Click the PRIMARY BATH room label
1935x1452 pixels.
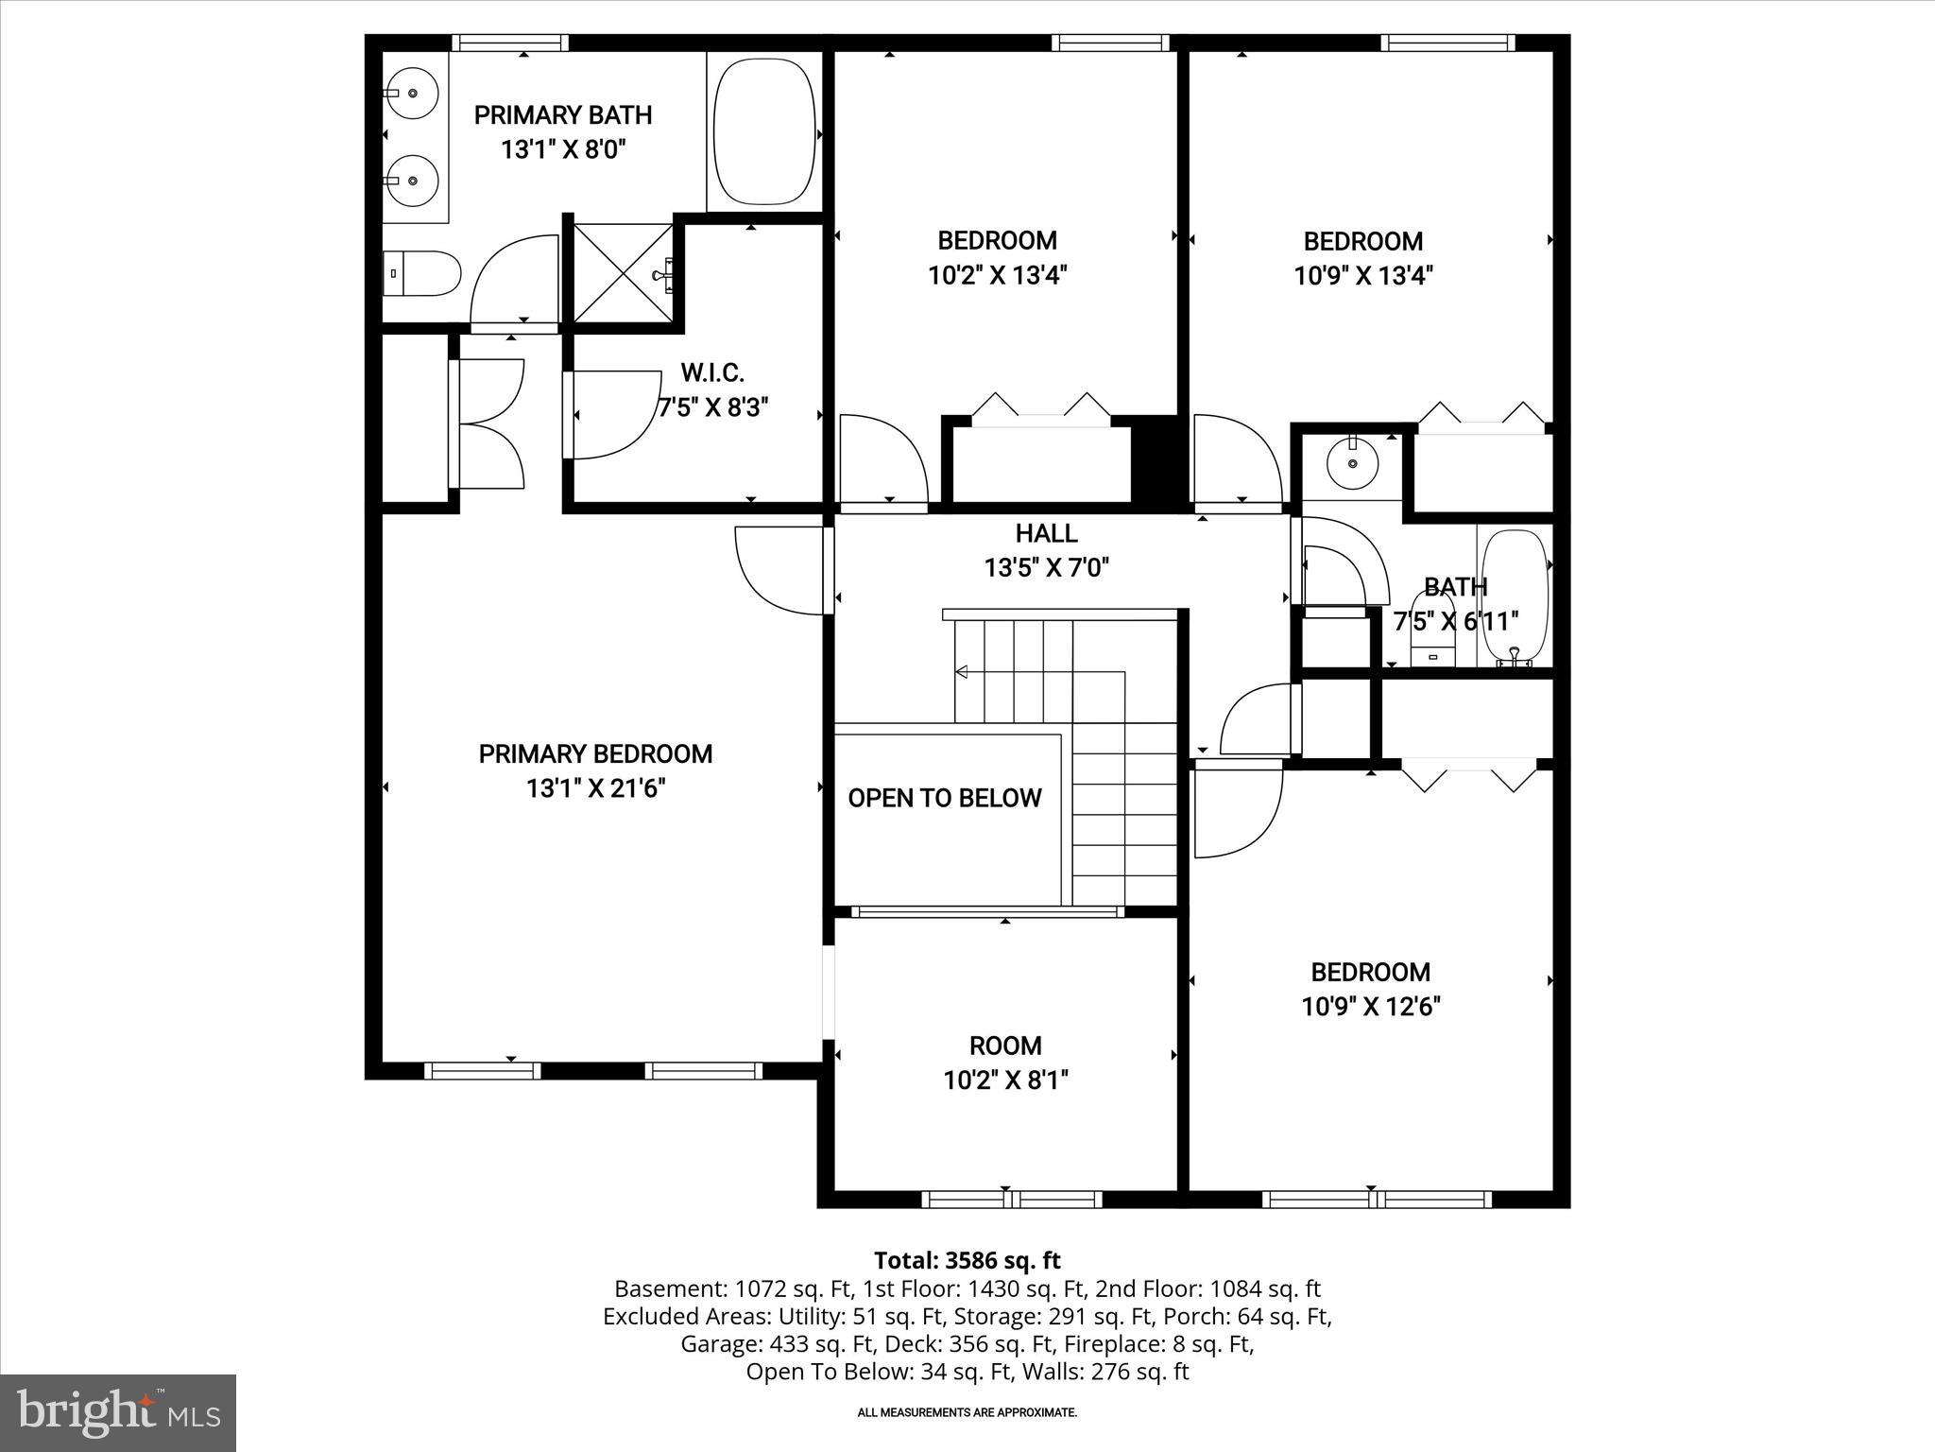coord(563,115)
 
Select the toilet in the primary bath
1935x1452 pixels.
coord(422,273)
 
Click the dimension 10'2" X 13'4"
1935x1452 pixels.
coord(997,275)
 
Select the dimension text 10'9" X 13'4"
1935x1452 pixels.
coord(1363,275)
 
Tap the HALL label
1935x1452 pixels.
coord(1046,533)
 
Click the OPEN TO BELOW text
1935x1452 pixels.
coord(945,798)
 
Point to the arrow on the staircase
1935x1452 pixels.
coord(962,672)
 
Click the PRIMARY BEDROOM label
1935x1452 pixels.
coord(595,753)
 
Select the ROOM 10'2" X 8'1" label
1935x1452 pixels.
coord(1005,1062)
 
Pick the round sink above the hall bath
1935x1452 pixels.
coord(1352,463)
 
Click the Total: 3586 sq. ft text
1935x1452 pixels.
coord(967,1260)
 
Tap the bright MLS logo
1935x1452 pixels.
coord(118,1412)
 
